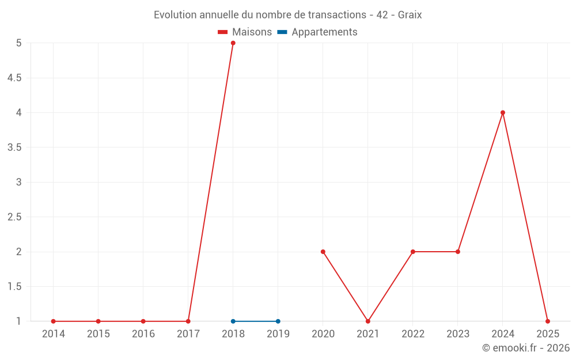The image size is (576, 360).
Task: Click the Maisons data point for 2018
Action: click(x=233, y=43)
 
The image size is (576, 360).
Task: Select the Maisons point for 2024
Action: click(x=503, y=113)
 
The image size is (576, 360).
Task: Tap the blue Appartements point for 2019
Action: click(x=278, y=321)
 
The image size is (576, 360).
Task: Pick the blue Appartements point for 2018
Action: click(x=233, y=321)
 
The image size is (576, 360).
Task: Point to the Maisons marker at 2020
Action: click(x=323, y=252)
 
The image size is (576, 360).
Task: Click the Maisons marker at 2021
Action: click(x=368, y=321)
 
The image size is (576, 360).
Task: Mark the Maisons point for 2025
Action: click(x=548, y=321)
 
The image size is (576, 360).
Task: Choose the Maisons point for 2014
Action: click(x=54, y=321)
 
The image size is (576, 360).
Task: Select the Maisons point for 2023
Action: click(x=458, y=252)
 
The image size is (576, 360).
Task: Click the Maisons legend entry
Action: click(x=245, y=32)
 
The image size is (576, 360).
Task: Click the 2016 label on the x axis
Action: click(x=143, y=334)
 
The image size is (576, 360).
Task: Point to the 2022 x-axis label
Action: click(x=413, y=334)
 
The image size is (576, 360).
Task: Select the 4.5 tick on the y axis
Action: click(x=14, y=78)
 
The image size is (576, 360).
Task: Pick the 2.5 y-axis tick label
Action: click(x=14, y=217)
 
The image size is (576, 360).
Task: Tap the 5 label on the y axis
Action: click(x=19, y=43)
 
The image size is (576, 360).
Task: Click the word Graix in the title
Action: click(x=410, y=15)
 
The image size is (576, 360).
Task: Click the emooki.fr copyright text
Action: click(x=526, y=348)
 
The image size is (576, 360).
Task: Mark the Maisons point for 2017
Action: click(x=188, y=321)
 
